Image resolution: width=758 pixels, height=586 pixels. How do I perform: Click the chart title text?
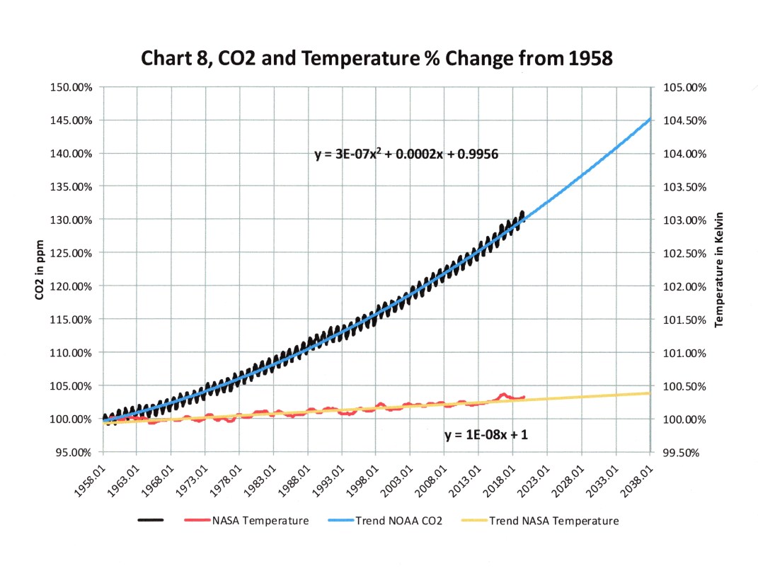tap(377, 57)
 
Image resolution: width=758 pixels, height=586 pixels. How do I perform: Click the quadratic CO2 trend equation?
tap(407, 153)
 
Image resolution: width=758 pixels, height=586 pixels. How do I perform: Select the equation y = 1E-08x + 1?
tap(486, 435)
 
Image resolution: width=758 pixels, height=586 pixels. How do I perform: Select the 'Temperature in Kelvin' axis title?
tap(719, 269)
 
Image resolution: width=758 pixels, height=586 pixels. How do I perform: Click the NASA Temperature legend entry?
tap(259, 521)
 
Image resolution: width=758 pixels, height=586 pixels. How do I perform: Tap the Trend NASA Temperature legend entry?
tap(553, 521)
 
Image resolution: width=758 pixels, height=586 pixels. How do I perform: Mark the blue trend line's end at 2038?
tap(649, 119)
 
